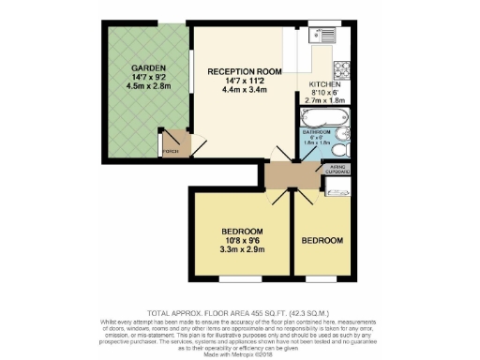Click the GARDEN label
(x=143, y=69)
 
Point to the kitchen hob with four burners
(x=342, y=67)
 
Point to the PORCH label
(x=170, y=150)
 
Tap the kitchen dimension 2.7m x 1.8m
(x=326, y=101)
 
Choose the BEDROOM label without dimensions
(x=322, y=241)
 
